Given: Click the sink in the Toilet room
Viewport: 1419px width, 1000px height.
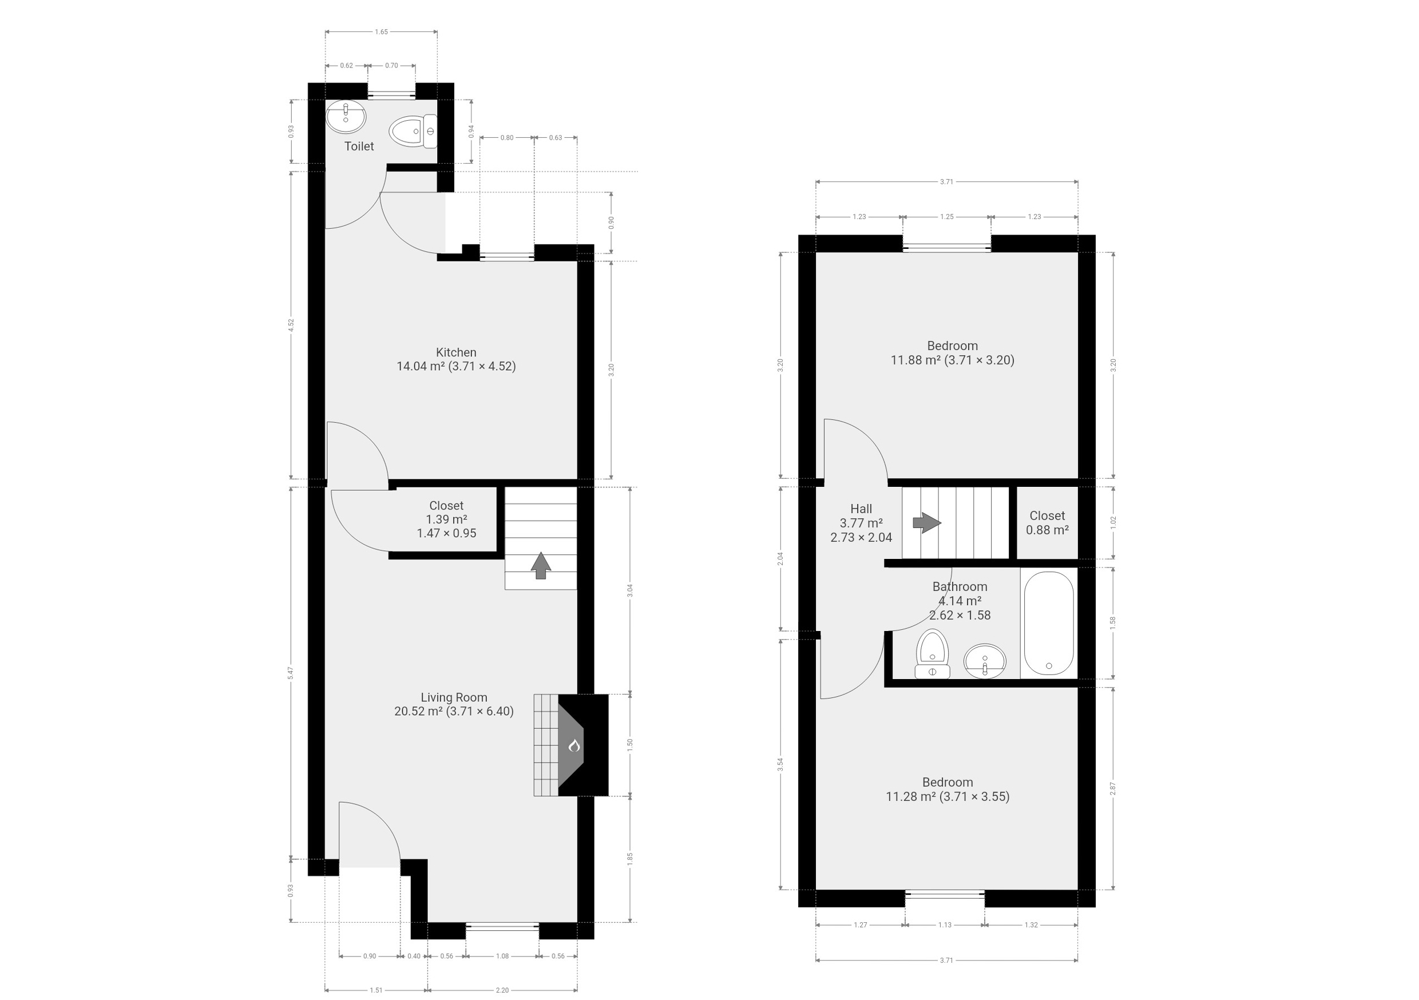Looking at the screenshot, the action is pos(346,117).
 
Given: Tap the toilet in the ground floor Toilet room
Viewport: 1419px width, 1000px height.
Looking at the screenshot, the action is pos(413,131).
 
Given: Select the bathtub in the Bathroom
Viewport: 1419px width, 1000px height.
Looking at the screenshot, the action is pos(1049,624).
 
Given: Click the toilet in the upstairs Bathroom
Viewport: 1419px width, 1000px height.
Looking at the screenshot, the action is pos(932,654).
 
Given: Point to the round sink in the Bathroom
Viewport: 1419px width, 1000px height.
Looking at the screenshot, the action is pos(985,661).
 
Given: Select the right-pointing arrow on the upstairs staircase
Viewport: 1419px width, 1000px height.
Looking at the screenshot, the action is pos(927,522).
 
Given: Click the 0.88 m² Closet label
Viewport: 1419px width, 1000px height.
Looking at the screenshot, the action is pos(1048,522).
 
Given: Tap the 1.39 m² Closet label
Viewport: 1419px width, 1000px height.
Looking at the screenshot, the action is pos(446,519).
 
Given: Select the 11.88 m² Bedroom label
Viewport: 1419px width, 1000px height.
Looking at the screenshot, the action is pos(952,353).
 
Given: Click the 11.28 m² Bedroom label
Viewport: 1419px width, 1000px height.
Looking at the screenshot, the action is pos(948,789).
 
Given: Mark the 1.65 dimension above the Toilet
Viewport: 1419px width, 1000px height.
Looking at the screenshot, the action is pos(381,31).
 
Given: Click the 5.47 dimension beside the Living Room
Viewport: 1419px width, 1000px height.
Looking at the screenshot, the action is pos(291,673).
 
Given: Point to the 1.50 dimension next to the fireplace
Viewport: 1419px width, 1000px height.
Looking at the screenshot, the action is pos(631,744).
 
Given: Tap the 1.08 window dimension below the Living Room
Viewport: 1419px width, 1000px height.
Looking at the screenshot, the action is pos(502,956).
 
